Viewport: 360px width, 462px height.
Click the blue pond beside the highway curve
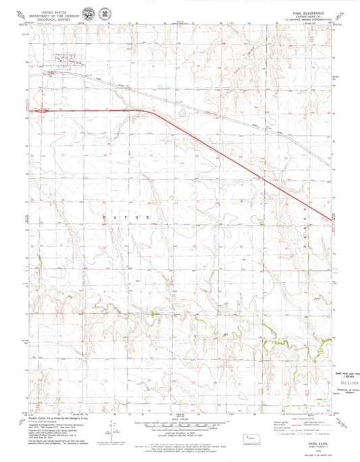tap(182, 113)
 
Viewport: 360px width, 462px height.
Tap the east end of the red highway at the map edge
tap(332, 217)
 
